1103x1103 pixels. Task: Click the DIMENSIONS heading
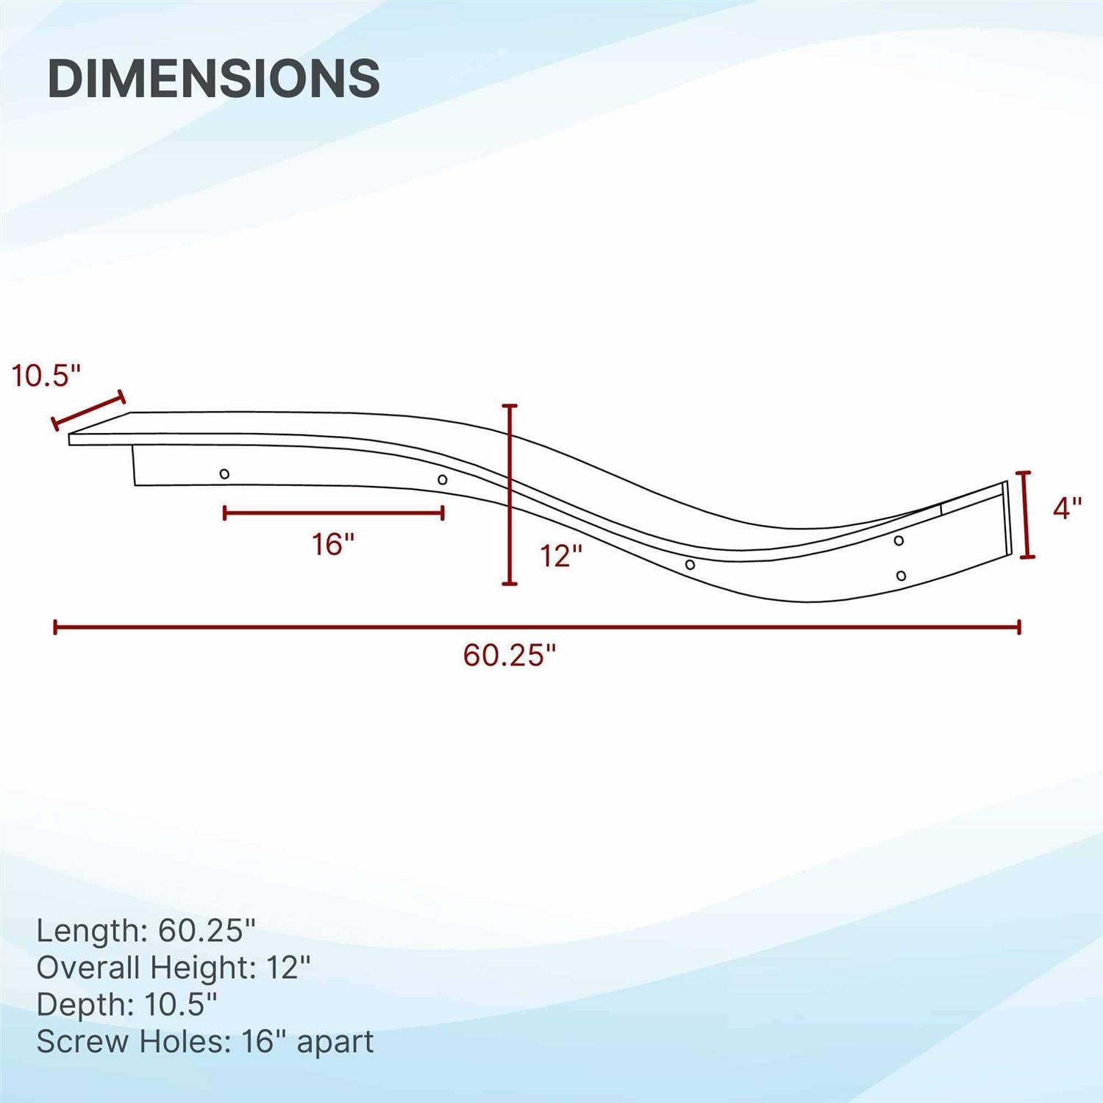tap(213, 78)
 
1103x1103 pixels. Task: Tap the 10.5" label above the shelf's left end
tap(46, 376)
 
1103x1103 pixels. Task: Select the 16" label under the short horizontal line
tap(333, 545)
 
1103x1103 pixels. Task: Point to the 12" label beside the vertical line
tap(561, 556)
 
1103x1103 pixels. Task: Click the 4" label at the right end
tap(1067, 508)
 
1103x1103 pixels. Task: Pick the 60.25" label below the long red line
tap(510, 654)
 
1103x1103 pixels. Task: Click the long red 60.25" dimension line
tap(537, 627)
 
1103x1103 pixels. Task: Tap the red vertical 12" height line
tap(509, 494)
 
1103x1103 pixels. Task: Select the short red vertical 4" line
tap(1027, 515)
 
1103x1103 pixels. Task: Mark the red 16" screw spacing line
tap(333, 513)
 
